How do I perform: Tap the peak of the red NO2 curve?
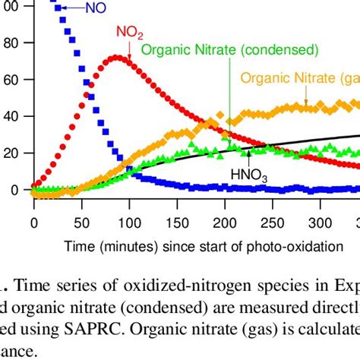115,57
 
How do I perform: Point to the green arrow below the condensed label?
229,99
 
